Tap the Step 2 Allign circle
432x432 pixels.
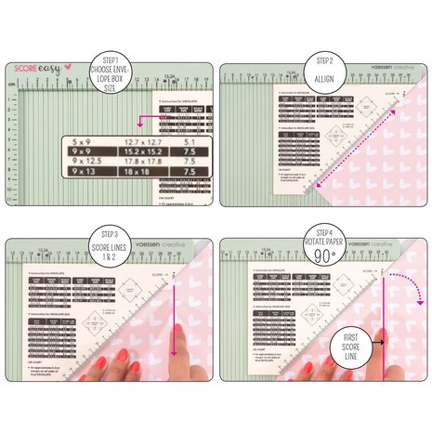pos(324,61)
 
